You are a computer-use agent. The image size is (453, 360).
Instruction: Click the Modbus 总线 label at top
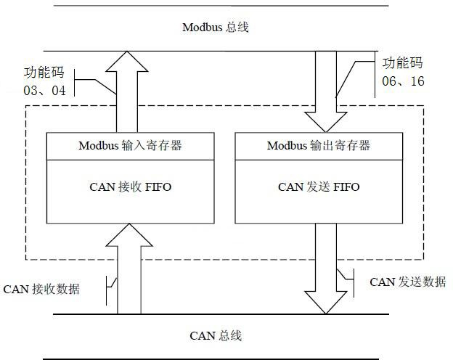pyautogui.click(x=216, y=28)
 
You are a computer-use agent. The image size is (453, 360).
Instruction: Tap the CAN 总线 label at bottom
pyautogui.click(x=216, y=335)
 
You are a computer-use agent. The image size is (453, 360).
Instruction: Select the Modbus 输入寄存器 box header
pyautogui.click(x=130, y=145)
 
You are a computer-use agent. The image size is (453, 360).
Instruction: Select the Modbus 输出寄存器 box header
pyautogui.click(x=319, y=145)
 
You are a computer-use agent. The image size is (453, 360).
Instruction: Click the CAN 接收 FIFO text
pyautogui.click(x=130, y=187)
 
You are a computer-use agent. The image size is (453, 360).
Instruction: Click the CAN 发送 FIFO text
pyautogui.click(x=319, y=187)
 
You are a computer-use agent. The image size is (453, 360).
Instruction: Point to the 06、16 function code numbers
pyautogui.click(x=403, y=81)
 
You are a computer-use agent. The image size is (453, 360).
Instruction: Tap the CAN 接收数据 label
pyautogui.click(x=41, y=289)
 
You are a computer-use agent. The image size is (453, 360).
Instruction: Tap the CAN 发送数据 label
pyautogui.click(x=408, y=282)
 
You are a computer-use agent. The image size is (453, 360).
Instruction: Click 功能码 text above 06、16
pyautogui.click(x=402, y=63)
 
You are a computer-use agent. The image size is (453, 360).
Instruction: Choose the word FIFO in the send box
pyautogui.click(x=346, y=187)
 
